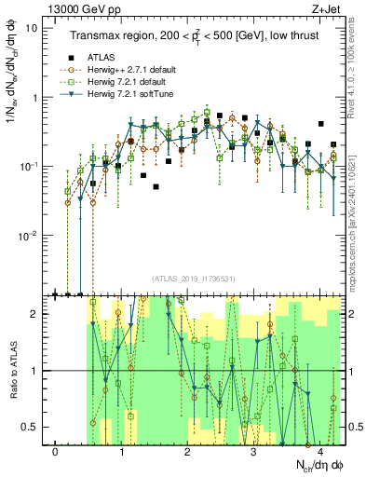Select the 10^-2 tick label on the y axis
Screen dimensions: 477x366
(28, 236)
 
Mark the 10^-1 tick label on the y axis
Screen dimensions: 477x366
(28, 166)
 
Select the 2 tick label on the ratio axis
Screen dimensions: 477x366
(34, 314)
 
